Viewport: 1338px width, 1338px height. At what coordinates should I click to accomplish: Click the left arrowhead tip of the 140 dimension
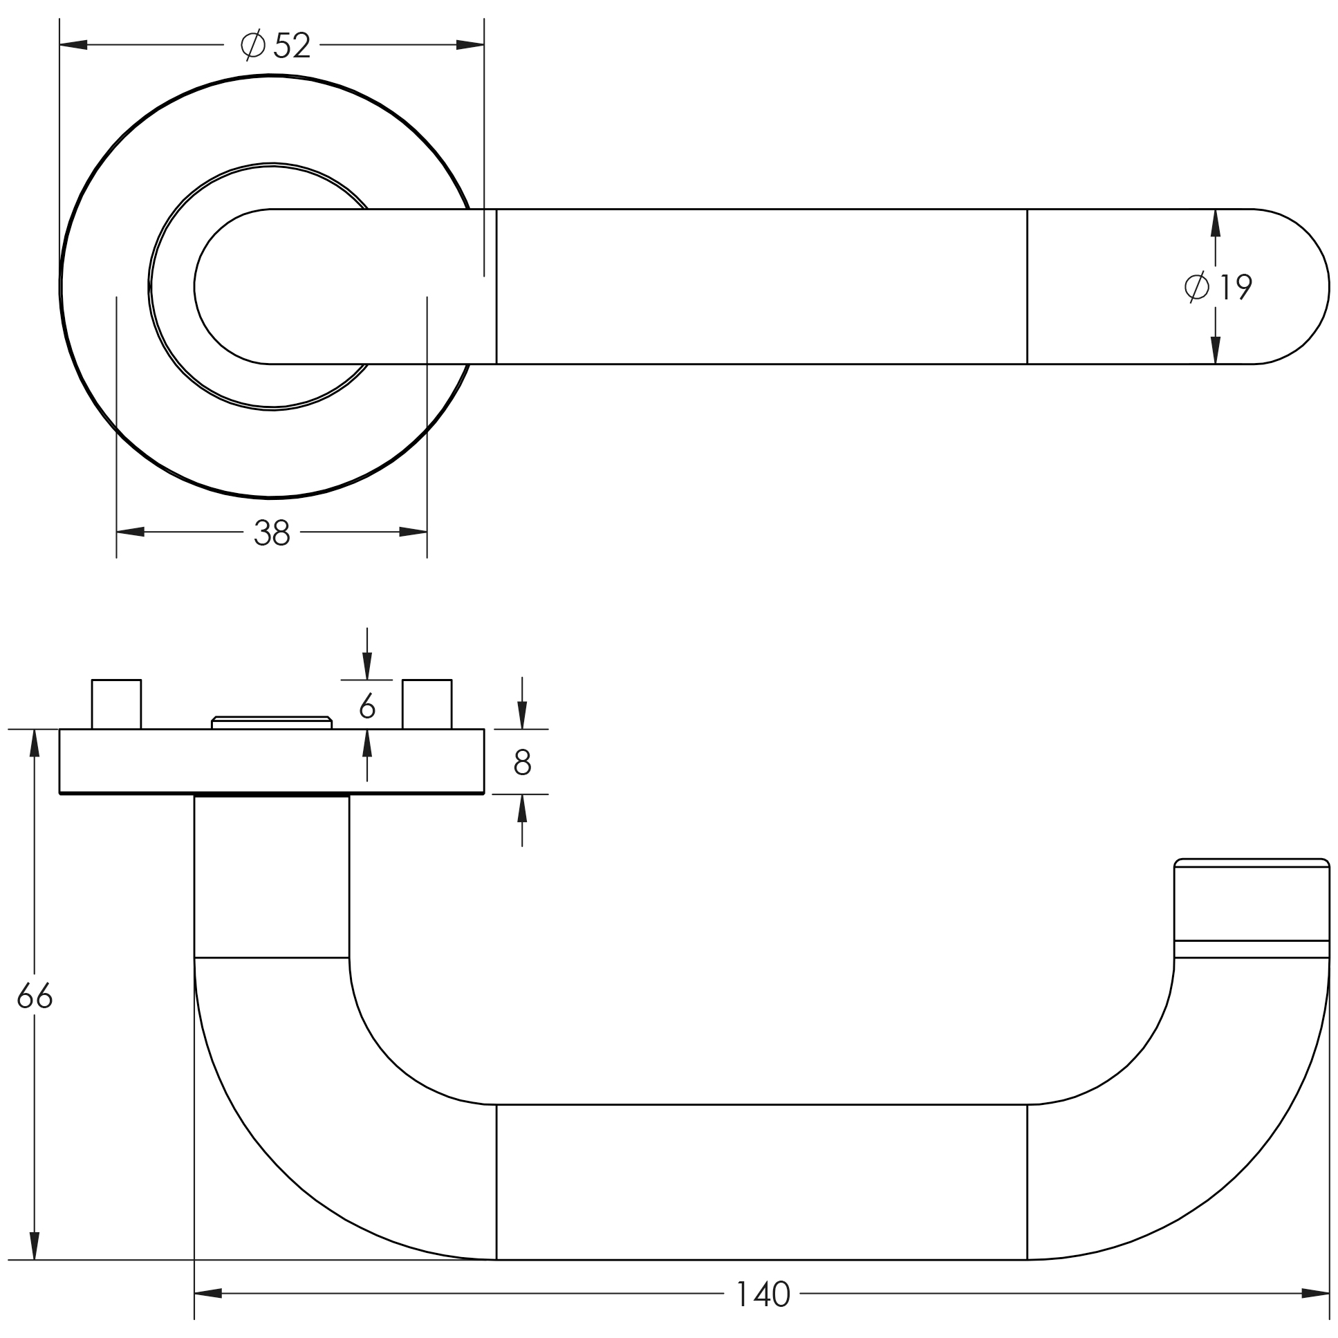point(194,1293)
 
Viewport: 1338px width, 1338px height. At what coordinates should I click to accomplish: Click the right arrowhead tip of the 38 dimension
point(427,532)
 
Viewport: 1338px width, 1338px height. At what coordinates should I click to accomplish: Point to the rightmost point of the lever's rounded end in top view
point(1329,286)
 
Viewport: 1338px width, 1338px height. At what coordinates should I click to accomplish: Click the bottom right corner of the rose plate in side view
point(484,794)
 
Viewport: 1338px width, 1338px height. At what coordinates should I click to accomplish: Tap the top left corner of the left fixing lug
point(92,680)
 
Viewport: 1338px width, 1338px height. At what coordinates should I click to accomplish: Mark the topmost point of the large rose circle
point(272,74)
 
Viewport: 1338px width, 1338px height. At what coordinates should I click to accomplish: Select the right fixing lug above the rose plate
point(427,705)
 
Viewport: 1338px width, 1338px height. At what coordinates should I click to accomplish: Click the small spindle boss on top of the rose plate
point(272,723)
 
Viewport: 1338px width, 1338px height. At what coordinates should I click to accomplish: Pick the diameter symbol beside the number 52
point(253,45)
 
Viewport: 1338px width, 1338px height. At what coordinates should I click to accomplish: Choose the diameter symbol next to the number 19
point(1198,286)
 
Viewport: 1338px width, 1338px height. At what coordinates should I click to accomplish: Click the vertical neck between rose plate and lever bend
point(272,876)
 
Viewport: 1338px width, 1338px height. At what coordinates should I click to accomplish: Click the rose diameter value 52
point(292,46)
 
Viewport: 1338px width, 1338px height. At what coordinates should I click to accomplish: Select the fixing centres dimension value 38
point(272,532)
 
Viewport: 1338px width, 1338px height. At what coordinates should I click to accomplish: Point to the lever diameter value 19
point(1236,287)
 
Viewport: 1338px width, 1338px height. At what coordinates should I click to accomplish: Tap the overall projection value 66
point(35,997)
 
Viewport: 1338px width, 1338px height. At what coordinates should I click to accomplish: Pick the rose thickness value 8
point(522,762)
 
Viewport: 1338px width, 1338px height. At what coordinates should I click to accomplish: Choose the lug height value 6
point(367,706)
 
